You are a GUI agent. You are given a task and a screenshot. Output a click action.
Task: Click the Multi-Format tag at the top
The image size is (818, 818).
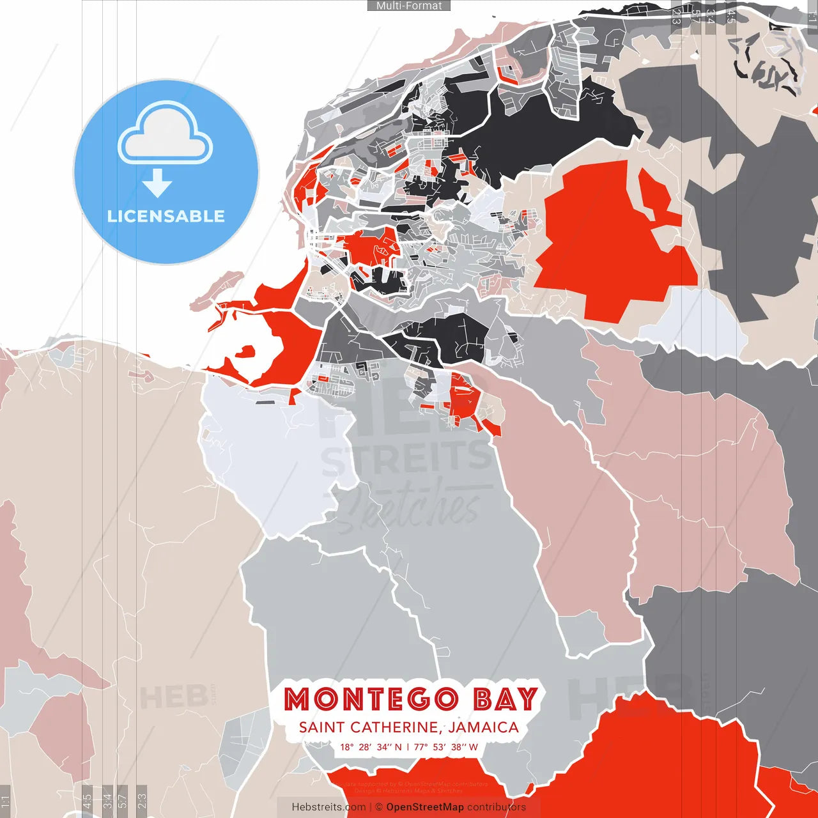click(409, 6)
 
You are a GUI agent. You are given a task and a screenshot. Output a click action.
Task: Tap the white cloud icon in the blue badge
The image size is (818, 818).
click(166, 137)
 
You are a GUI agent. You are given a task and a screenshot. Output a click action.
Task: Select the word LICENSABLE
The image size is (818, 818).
click(166, 216)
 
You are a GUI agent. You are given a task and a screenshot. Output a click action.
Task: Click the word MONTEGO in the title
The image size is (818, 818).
click(371, 699)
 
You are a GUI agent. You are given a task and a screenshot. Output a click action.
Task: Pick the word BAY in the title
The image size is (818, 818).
click(505, 699)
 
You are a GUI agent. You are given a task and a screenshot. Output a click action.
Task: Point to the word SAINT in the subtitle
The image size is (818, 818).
click(321, 727)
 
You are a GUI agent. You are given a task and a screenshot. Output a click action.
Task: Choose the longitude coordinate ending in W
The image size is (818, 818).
click(446, 747)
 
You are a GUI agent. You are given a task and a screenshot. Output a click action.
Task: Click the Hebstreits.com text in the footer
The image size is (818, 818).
click(328, 807)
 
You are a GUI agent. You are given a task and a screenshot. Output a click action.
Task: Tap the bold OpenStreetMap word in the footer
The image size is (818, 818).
click(424, 807)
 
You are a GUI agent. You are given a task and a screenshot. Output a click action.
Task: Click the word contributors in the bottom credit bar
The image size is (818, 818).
click(497, 807)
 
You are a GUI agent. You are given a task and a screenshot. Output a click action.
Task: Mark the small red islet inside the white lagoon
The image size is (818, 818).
click(246, 351)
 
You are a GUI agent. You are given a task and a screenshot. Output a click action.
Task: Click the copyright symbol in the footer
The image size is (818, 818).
click(379, 807)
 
